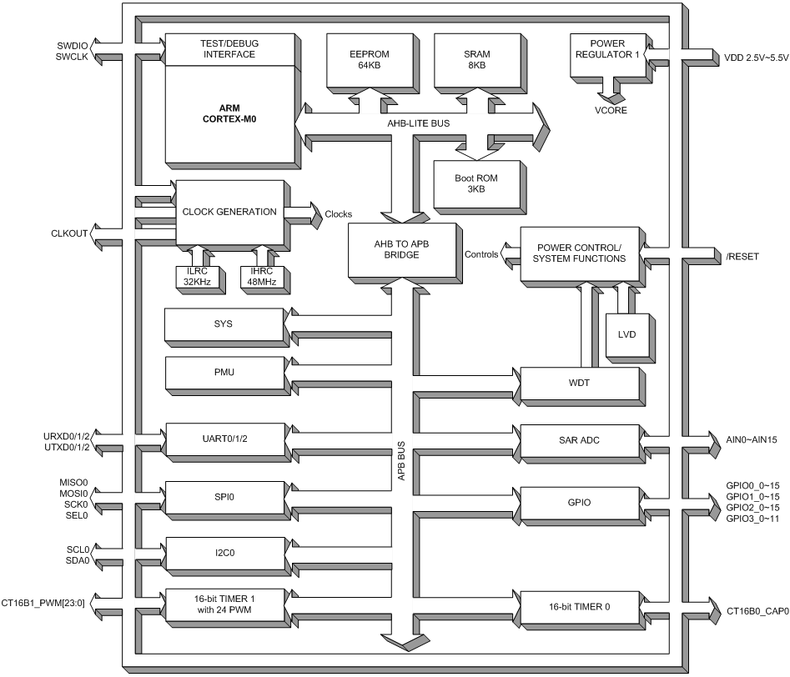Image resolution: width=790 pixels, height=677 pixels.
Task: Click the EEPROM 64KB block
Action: point(364,59)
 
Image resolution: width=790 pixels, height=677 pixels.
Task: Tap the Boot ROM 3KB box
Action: point(476,183)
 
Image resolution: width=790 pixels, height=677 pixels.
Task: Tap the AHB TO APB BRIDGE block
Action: point(402,249)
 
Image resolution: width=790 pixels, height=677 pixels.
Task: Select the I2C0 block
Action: point(222,552)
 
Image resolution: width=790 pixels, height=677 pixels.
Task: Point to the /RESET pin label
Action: point(742,256)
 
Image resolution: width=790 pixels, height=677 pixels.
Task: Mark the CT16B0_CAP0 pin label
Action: point(755,611)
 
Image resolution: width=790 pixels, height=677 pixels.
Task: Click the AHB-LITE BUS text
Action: point(420,123)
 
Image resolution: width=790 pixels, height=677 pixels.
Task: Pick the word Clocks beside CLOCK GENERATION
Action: point(339,213)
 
